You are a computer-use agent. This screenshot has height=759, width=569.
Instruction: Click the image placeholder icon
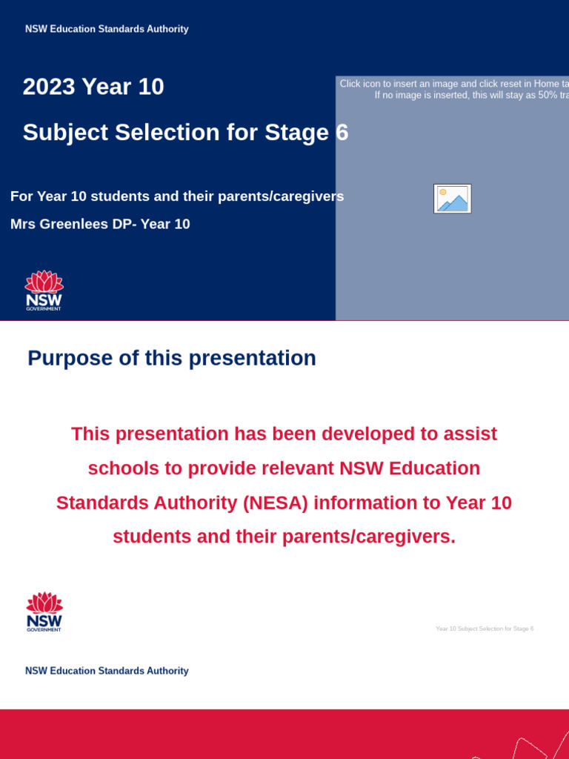(x=452, y=199)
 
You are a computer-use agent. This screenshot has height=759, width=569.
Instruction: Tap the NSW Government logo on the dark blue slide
(x=44, y=290)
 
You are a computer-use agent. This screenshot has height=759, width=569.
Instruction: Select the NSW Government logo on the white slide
(x=44, y=611)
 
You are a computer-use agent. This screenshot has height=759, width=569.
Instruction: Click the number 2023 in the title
(x=49, y=87)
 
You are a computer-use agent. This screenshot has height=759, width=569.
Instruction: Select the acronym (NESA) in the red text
(x=275, y=503)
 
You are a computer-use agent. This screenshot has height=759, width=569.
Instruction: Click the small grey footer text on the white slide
(x=485, y=629)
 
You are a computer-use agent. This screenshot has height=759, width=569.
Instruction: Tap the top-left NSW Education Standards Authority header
(x=107, y=29)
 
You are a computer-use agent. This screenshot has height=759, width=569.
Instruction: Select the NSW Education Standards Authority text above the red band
(x=107, y=671)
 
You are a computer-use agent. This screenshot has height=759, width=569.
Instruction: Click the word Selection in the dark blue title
(x=167, y=133)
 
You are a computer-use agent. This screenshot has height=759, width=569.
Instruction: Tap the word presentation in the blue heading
(x=252, y=358)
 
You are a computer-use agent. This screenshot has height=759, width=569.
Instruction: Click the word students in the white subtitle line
(x=102, y=196)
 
